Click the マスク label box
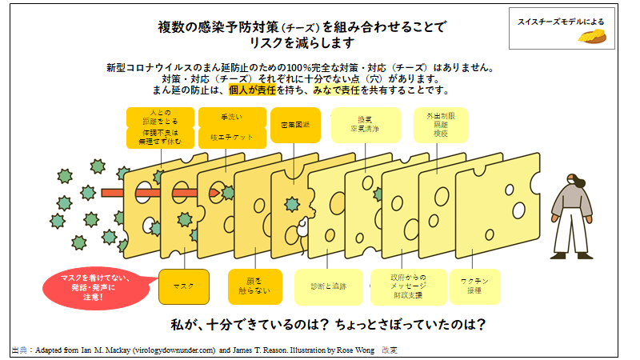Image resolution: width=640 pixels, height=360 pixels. [x=184, y=286]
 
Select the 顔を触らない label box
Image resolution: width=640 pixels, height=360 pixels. [x=254, y=286]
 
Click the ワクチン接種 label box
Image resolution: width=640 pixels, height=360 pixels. [x=474, y=286]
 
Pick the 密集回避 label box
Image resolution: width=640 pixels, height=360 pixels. [x=295, y=125]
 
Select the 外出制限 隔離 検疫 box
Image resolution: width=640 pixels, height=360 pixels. [x=440, y=126]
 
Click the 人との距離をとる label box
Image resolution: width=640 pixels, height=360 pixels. [x=159, y=126]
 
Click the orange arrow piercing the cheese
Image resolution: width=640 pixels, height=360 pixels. [x=160, y=193]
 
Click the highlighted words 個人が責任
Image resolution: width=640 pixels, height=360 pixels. [x=252, y=90]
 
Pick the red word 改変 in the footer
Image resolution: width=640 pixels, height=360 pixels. [x=390, y=350]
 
